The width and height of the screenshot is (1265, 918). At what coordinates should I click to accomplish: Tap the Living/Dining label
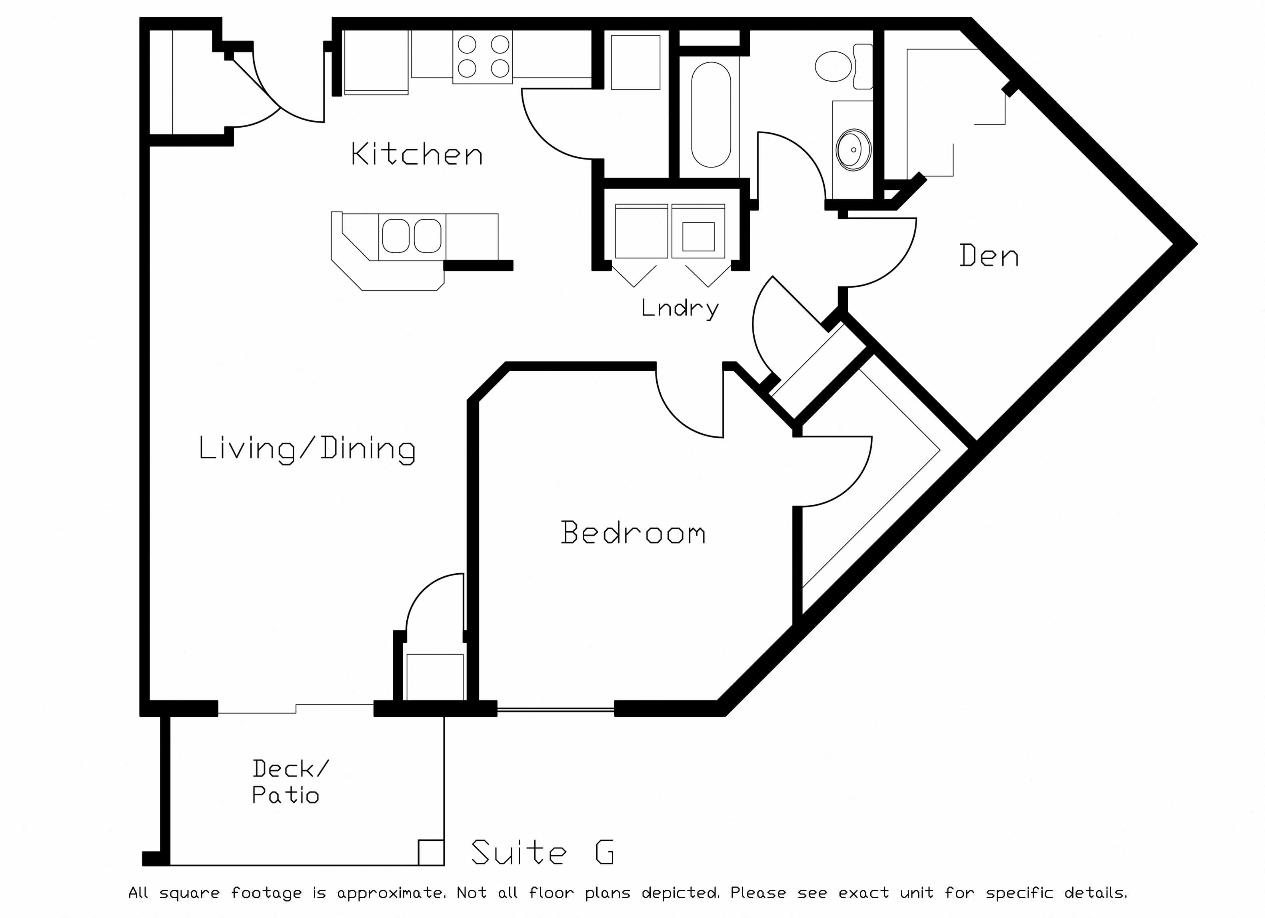[307, 449]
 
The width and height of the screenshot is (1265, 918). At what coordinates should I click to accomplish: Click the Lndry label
[680, 308]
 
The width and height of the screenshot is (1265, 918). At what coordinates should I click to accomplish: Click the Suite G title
[543, 852]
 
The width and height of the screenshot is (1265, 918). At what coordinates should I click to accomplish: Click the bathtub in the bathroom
[711, 114]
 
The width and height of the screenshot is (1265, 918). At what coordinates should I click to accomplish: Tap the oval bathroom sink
[853, 150]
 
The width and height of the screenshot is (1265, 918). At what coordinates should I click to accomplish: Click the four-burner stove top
[482, 57]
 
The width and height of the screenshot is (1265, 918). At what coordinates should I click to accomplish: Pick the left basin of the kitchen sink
[396, 236]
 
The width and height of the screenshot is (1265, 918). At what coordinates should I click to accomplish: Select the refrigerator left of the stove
[376, 62]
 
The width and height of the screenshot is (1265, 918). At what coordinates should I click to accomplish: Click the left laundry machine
[641, 231]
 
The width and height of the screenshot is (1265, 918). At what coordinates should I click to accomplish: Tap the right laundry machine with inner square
[698, 231]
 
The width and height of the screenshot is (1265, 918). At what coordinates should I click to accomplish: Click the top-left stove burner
[467, 44]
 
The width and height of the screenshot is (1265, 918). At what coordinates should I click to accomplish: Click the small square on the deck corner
[431, 852]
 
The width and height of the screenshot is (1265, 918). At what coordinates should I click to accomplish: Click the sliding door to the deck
[296, 709]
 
